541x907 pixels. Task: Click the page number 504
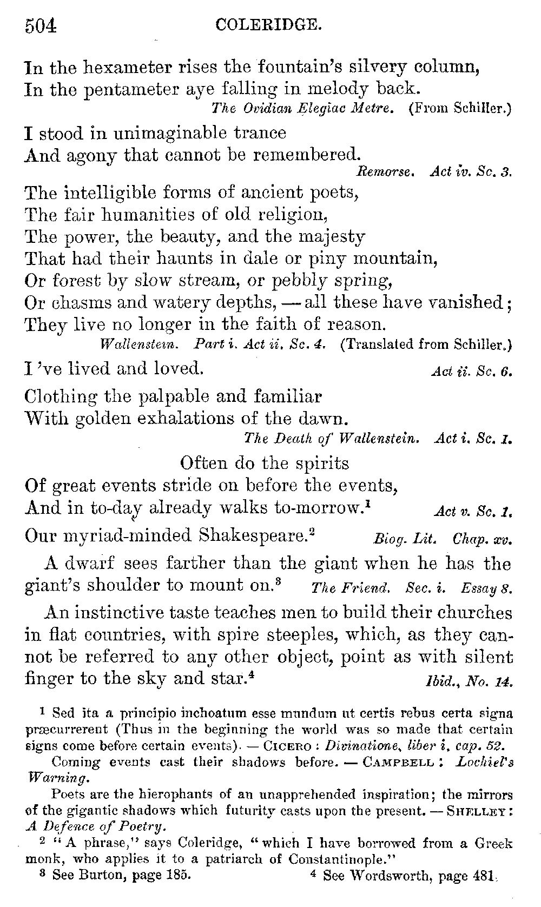pyautogui.click(x=41, y=25)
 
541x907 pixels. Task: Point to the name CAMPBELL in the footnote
pyautogui.click(x=399, y=763)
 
